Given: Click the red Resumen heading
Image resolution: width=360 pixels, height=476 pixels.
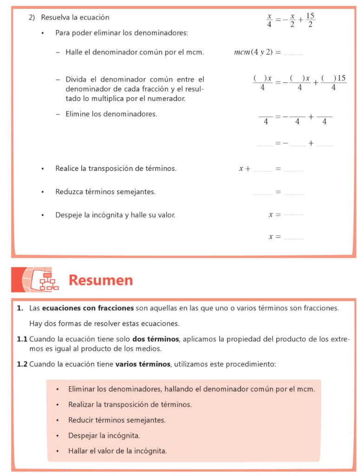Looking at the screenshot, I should tap(101, 280).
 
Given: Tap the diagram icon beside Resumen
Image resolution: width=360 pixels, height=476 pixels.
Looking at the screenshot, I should tap(46, 280).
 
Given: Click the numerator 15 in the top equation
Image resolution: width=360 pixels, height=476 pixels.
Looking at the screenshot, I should tap(310, 16).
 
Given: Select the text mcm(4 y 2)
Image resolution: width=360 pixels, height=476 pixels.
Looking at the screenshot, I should tap(253, 52).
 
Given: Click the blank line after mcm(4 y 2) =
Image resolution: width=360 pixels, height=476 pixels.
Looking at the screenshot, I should tap(293, 53).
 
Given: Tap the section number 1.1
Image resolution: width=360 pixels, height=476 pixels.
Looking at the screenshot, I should tap(22, 339).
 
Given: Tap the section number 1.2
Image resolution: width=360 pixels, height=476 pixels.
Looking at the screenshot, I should tap(22, 364).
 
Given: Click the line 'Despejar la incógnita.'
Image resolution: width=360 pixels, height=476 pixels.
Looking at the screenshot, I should tap(104, 436).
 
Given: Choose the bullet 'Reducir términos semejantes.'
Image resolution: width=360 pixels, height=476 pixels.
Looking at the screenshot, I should tap(117, 420).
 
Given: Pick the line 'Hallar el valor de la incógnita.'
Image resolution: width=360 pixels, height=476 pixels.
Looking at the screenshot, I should tap(118, 450).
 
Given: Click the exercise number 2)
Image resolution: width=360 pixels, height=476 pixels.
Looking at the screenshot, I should tap(32, 17).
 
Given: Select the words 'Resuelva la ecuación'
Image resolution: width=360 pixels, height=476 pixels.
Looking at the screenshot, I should tap(75, 17).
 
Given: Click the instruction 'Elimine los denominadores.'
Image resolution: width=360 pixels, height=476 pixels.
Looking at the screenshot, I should tap(111, 113).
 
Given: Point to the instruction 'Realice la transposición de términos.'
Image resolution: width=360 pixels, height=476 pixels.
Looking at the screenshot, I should tap(116, 168).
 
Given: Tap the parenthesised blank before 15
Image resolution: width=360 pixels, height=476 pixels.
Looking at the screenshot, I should tap(329, 78).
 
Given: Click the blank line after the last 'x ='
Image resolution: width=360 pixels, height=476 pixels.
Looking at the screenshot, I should tap(293, 238).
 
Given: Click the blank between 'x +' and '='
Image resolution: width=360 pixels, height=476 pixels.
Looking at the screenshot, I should tap(263, 170).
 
